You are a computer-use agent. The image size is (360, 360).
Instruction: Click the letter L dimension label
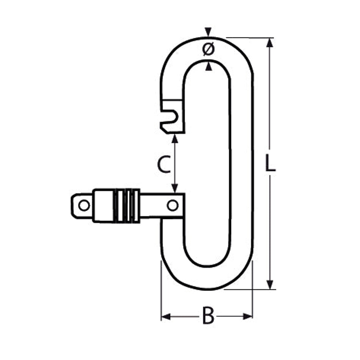tap(270, 163)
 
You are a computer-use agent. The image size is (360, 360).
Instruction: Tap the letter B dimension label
tap(208, 315)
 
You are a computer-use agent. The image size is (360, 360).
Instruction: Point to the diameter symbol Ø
tap(209, 49)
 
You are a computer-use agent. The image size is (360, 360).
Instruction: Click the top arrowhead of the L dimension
tap(270, 43)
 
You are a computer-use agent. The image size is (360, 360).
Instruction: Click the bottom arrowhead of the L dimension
tap(270, 284)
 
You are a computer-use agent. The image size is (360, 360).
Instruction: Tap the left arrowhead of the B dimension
tap(166, 317)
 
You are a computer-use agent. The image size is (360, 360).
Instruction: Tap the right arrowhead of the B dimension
tap(248, 317)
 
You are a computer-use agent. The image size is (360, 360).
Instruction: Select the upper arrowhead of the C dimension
tap(175, 138)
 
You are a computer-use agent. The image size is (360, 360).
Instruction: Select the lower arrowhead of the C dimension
tap(175, 188)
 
